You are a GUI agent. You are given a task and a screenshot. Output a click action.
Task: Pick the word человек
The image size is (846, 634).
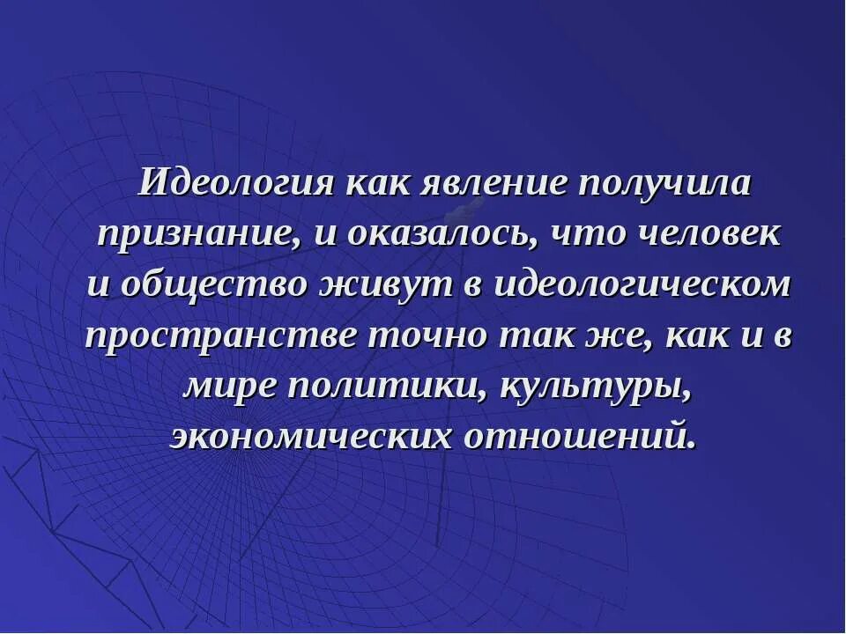pos(704,234)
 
